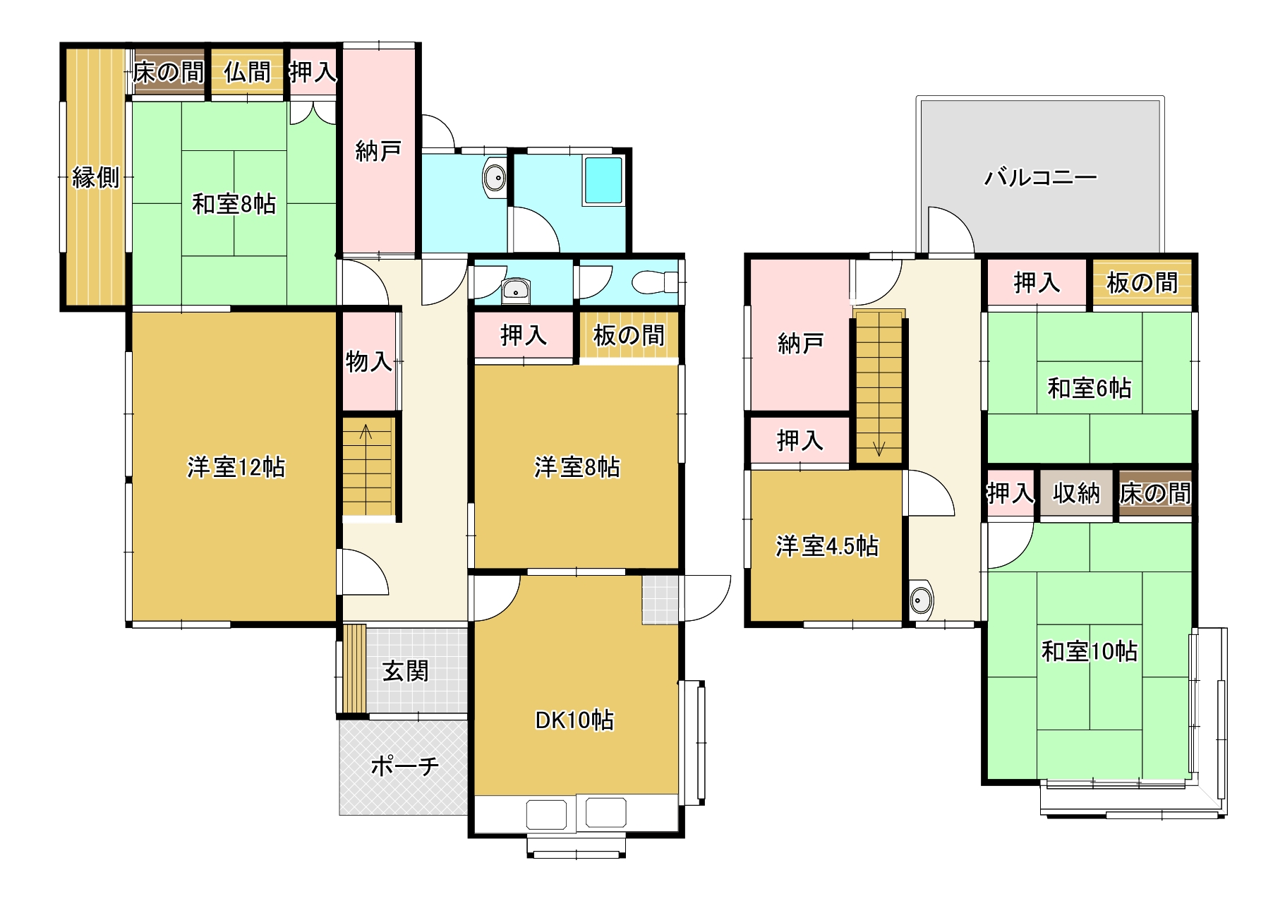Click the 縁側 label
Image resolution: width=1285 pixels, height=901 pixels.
pos(96,177)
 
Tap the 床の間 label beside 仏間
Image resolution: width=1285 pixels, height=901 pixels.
pos(169,71)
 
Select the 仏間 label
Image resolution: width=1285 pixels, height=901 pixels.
pos(248,71)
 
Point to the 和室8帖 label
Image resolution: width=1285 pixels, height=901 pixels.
pos(234,204)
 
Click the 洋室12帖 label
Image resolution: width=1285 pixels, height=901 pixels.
pos(236,467)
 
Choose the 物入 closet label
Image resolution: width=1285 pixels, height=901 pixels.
pos(369,361)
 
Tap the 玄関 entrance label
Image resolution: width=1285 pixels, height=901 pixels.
pos(406,670)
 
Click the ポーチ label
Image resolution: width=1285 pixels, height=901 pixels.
pos(405,766)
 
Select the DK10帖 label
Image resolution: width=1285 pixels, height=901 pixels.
pos(574,720)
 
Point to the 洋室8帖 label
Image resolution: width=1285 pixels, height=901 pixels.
pos(577,467)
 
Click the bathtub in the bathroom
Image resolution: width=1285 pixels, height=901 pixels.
pos(603,181)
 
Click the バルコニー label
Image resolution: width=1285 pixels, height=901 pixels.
pos(1041,176)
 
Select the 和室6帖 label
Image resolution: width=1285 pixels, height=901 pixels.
pos(1090,387)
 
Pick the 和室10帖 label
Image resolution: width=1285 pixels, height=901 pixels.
pos(1090,651)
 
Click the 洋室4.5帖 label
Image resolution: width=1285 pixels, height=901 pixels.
pos(827,545)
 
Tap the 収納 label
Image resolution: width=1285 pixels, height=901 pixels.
pos(1076,493)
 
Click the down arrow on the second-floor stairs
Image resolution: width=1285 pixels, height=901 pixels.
pos(879,447)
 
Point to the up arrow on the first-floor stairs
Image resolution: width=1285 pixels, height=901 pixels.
pos(366,431)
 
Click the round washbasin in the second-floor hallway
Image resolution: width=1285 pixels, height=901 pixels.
pos(922,600)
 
